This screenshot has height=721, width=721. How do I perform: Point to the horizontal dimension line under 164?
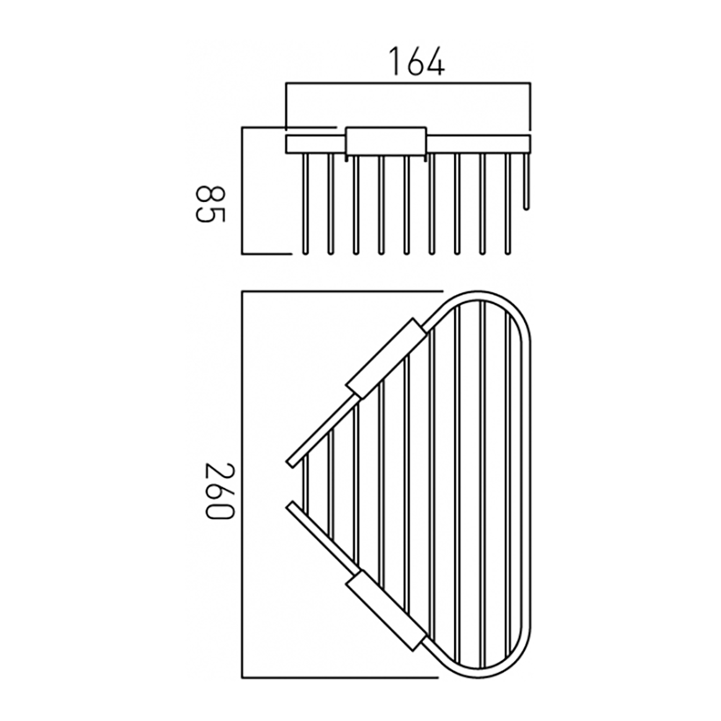pyautogui.click(x=408, y=84)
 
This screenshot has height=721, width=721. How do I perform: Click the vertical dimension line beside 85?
pyautogui.click(x=242, y=191)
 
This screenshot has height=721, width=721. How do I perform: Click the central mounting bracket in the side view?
pyautogui.click(x=385, y=141)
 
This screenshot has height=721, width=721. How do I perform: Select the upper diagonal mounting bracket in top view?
pyautogui.click(x=384, y=357)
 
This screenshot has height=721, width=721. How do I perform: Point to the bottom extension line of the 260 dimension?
pyautogui.click(x=339, y=678)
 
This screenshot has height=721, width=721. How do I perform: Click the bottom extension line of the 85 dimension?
pyautogui.click(x=267, y=254)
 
